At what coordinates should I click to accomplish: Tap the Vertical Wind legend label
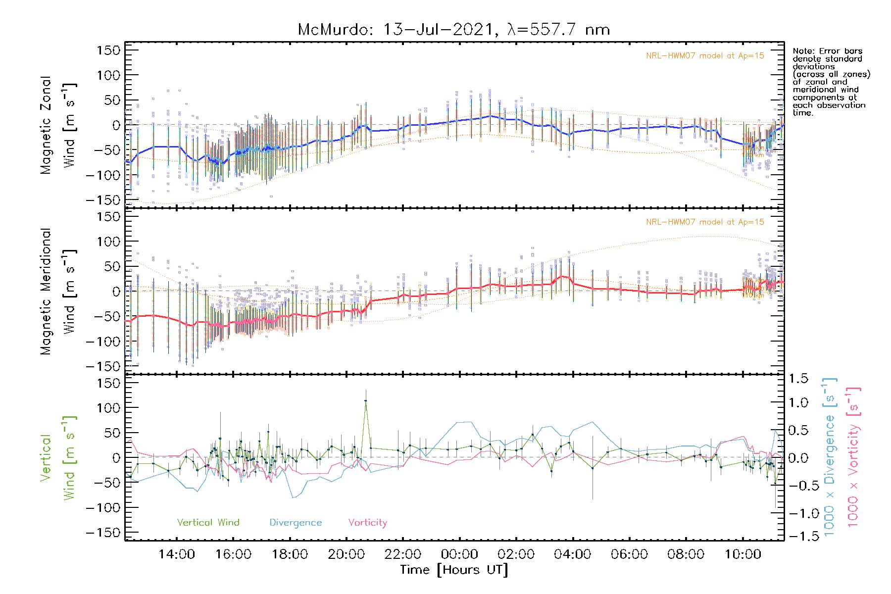point(208,522)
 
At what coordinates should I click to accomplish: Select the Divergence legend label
point(296,522)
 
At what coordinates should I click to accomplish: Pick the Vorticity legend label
point(367,522)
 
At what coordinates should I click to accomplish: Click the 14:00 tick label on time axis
point(177,554)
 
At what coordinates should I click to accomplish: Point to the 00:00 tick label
point(460,554)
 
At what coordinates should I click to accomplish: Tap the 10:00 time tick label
point(742,554)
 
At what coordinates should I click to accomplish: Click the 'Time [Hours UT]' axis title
point(454,570)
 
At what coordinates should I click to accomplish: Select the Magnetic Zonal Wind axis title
point(58,125)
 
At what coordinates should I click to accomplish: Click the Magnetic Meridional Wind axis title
point(58,292)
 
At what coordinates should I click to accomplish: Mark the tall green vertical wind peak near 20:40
point(366,401)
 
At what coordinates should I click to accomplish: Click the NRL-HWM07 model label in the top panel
point(705,56)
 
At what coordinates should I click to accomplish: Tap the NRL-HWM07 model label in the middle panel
point(705,222)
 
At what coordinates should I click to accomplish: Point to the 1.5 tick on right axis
point(798,379)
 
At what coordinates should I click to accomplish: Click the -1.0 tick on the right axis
point(797,513)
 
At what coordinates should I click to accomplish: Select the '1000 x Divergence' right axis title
point(830,457)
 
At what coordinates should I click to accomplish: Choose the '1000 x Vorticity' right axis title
point(853,457)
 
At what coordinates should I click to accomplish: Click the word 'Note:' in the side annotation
point(804,51)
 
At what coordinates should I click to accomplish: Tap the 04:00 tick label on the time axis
point(573,554)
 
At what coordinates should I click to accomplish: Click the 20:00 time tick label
point(346,554)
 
